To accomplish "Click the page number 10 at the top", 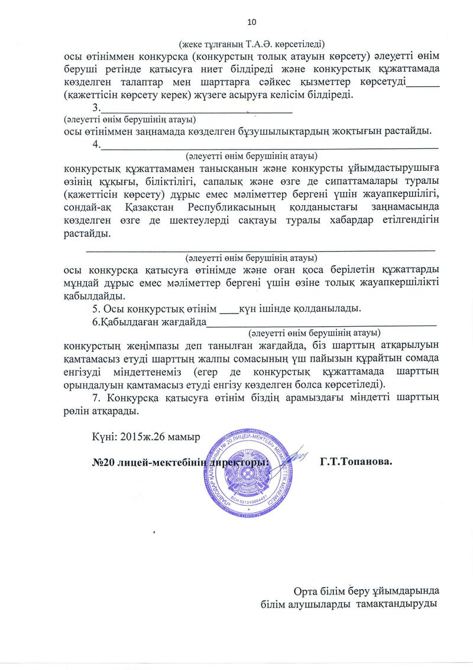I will [252, 22].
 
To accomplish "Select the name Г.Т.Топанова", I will [356, 460].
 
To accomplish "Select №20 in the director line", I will [100, 460].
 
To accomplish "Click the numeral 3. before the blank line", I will [96, 108].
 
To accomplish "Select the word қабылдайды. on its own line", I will [93, 295].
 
